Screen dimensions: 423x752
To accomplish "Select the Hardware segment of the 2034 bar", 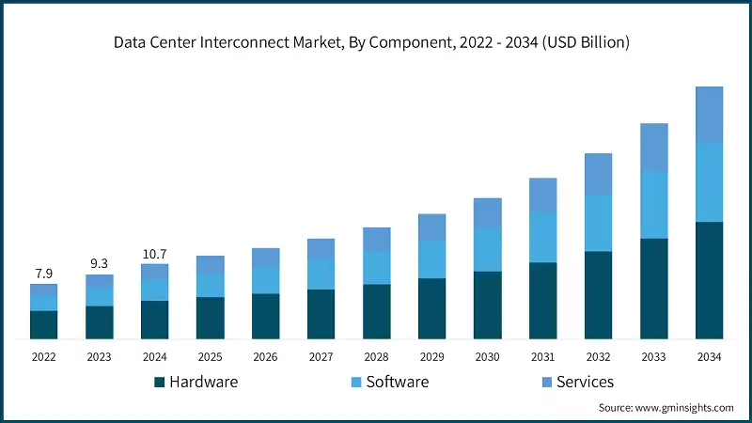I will pos(709,280).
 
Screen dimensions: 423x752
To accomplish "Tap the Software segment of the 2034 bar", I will pos(709,182).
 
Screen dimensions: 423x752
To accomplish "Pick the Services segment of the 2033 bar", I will pos(653,148).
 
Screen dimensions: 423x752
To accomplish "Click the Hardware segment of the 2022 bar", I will pos(43,324).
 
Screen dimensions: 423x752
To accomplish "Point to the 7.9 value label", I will pos(43,274).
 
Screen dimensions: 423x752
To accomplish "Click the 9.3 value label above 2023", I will pos(99,264).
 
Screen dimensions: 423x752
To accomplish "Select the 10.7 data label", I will pos(154,254).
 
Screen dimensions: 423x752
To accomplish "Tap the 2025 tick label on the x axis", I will pos(210,357).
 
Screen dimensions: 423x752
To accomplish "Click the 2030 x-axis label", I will pos(487,357).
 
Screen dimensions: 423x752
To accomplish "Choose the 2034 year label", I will pos(709,357).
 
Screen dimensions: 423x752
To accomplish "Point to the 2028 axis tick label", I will pos(376,357).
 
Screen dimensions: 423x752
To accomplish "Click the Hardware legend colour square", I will pos(159,382).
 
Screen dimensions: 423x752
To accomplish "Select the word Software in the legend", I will pos(397,382).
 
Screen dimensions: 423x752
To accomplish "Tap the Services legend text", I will pos(585,382).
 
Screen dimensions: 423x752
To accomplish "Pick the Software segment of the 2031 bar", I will pos(542,237).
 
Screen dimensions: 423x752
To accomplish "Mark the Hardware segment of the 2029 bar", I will pos(431,308).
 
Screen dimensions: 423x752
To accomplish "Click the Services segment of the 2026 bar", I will pos(265,258).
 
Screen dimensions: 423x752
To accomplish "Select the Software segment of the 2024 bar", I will pos(154,290).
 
